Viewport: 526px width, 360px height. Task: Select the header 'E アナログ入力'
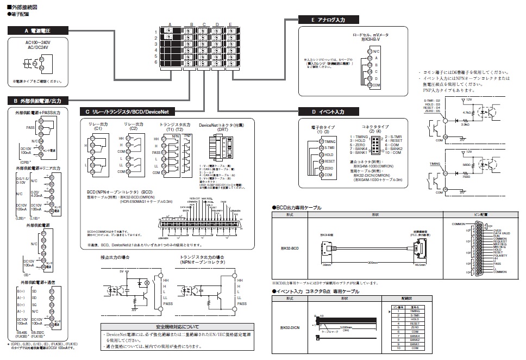click(328, 20)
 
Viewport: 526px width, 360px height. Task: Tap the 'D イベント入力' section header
click(328, 111)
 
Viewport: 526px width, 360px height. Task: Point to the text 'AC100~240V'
click(38, 41)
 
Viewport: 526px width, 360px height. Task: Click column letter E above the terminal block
click(230, 25)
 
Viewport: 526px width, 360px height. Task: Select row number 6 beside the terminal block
click(155, 63)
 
